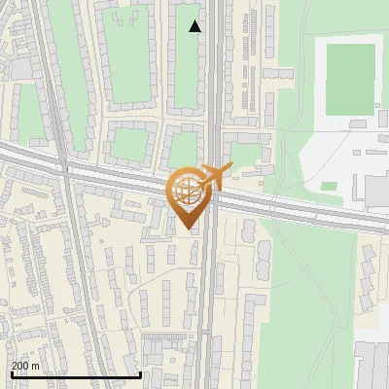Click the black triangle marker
pos(194,26)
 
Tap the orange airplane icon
pos(215,177)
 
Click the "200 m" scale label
pos(25,366)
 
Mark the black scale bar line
pos(75,374)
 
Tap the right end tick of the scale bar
pos(141,372)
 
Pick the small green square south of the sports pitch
pos(330,186)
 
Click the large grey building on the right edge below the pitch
pos(377,189)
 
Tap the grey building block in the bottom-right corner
pos(371,365)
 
